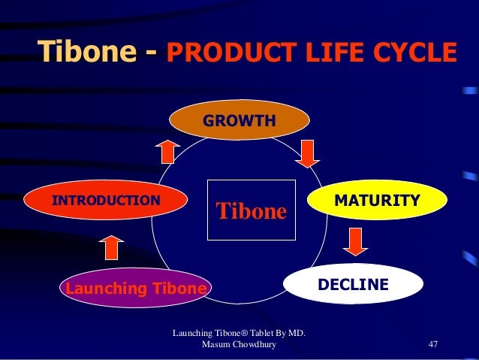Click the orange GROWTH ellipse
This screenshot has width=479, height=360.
pos(239,120)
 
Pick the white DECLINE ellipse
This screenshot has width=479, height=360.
pos(353,285)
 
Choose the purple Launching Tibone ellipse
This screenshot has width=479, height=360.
pos(136,289)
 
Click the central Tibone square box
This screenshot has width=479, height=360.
pos(252,210)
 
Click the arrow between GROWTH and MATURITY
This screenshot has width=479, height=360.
pos(307,153)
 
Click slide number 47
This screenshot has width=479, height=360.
pos(432,344)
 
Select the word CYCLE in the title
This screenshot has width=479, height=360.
pos(416,54)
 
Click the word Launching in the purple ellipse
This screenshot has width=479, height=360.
pos(96,289)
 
